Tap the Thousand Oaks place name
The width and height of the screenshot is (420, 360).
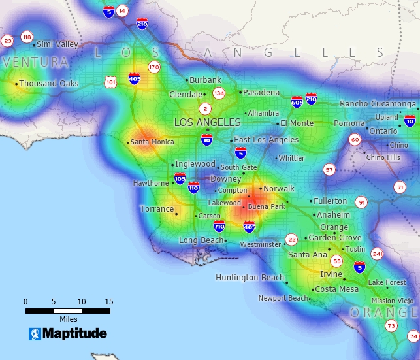click(48, 84)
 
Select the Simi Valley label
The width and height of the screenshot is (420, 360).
click(57, 44)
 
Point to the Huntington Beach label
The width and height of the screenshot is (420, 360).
click(250, 278)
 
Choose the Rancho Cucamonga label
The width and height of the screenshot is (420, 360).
click(378, 104)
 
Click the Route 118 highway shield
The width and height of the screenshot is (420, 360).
click(27, 37)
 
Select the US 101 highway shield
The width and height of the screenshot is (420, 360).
click(110, 82)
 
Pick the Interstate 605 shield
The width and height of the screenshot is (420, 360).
click(297, 102)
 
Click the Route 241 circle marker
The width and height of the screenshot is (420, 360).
click(377, 254)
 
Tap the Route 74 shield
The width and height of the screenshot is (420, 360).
click(413, 336)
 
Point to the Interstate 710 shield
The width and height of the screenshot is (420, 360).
click(219, 226)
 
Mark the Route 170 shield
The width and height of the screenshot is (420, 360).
click(154, 67)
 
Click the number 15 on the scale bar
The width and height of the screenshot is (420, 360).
click(108, 302)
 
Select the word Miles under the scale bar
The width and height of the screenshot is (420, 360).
click(68, 319)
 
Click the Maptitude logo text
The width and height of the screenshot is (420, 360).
click(74, 334)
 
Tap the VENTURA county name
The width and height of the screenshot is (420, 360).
click(35, 63)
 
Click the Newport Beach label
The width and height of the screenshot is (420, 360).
click(283, 298)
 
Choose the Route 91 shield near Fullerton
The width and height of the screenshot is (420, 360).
click(361, 203)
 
